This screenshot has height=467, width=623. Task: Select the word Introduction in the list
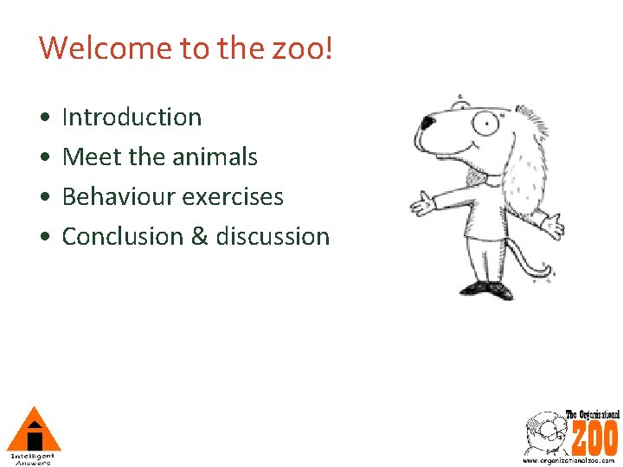132,117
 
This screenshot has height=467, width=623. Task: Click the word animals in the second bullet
218,157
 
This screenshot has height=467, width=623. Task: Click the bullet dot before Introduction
43,118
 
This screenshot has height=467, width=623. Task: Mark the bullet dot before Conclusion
43,237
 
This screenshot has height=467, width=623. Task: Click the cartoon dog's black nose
427,123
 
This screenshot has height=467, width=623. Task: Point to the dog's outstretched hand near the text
423,204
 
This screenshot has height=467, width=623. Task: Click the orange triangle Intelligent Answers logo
32,430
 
